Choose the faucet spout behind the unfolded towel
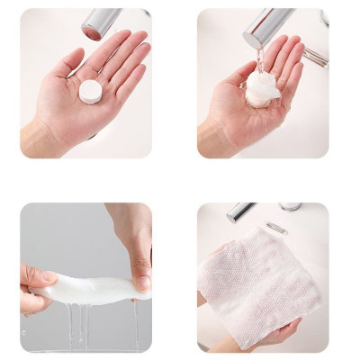[x=241, y=213]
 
